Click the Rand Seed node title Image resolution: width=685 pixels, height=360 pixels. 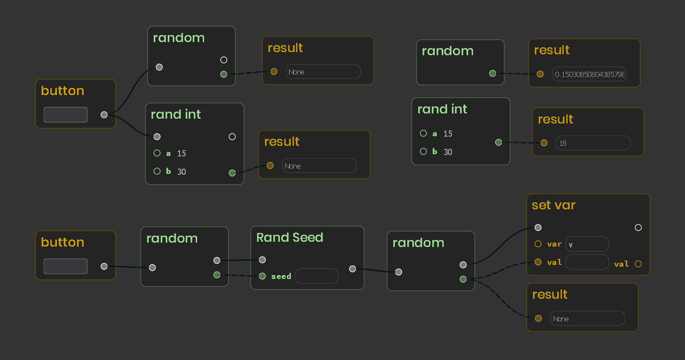coord(290,238)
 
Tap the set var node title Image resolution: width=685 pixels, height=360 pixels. coord(554,205)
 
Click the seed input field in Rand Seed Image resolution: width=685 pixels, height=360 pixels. coord(317,276)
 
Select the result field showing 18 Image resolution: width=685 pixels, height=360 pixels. coord(593,143)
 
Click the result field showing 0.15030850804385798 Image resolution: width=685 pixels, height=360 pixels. coord(589,74)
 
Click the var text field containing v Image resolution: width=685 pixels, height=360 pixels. coord(587,244)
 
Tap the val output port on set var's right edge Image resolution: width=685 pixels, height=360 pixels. coord(638,264)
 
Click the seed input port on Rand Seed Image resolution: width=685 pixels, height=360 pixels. coord(262,276)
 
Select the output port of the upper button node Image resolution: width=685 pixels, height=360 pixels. coord(104,115)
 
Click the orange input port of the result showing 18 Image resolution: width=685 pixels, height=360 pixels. coord(544,143)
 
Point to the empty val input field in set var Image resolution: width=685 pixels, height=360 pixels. coord(587,262)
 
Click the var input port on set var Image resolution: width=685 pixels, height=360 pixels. coord(538,244)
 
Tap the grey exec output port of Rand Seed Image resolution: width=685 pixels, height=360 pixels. coord(353,269)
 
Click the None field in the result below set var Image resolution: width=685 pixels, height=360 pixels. coord(587,319)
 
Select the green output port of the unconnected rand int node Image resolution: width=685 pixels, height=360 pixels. coord(498,142)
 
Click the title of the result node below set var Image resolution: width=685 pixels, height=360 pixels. coord(550,295)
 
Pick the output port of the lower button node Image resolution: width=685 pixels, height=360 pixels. coord(104,266)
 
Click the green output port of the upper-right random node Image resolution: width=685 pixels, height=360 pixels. coord(492,74)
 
